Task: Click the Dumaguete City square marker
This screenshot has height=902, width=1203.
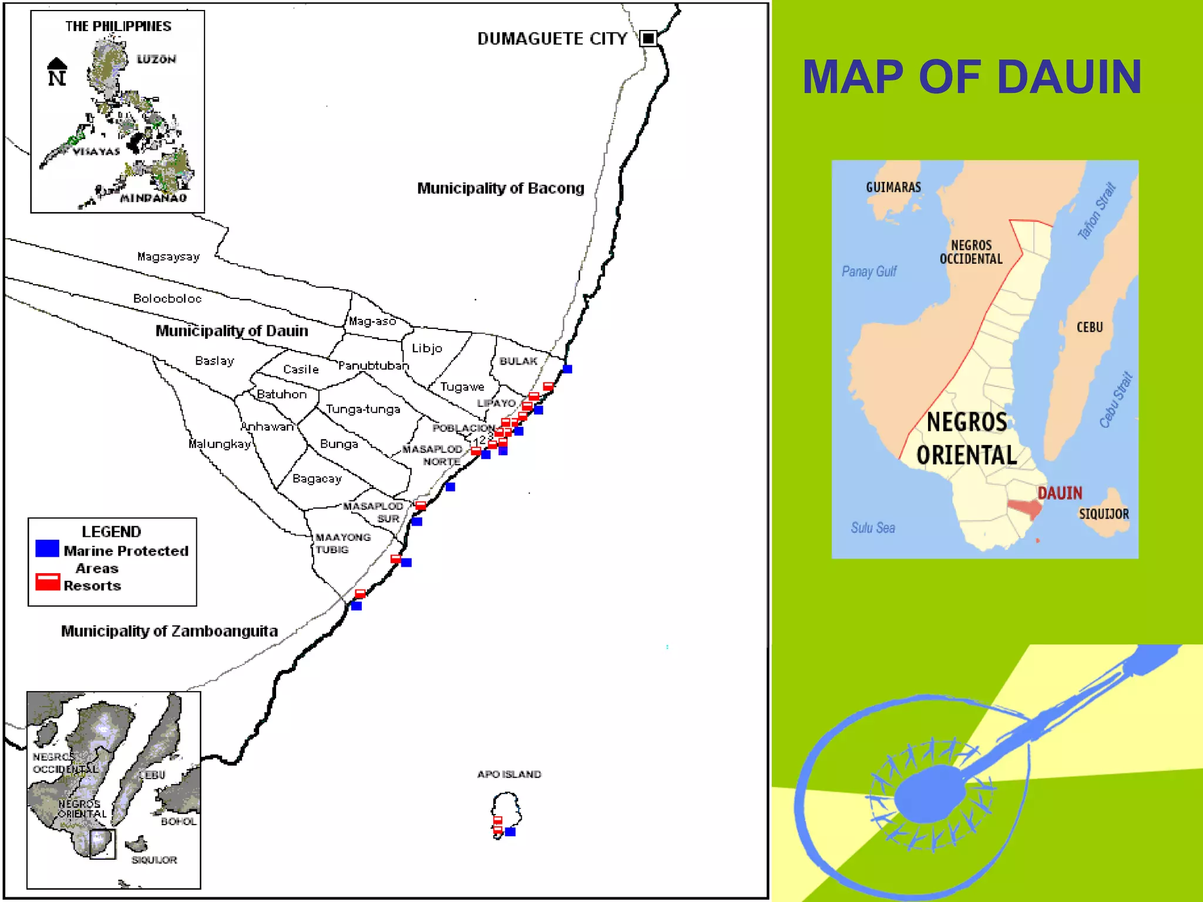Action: (648, 38)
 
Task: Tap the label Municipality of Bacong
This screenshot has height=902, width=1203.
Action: (500, 189)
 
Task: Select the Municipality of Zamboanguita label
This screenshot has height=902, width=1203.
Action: (169, 631)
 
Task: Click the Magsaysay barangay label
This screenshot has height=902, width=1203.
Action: (169, 257)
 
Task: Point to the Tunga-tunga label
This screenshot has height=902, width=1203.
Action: (363, 409)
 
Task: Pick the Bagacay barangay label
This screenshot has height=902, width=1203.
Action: (317, 479)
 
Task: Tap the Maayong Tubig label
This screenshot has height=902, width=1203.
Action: (342, 543)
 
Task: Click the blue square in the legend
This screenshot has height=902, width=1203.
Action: (47, 548)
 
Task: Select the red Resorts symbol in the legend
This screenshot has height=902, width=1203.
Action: (48, 581)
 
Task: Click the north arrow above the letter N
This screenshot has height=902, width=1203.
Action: (57, 63)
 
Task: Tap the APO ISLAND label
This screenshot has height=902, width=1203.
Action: (509, 775)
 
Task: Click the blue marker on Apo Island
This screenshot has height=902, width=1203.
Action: (510, 832)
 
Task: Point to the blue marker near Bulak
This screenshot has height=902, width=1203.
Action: (567, 369)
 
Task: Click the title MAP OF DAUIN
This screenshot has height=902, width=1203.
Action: (972, 77)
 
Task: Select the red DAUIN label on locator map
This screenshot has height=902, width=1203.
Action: (1060, 493)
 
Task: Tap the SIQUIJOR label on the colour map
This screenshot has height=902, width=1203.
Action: (1104, 514)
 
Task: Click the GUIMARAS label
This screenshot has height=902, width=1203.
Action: (893, 187)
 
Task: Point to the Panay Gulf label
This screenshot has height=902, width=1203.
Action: (869, 271)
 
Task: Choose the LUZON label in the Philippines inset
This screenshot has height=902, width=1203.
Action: (156, 59)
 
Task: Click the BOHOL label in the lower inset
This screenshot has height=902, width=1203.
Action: (179, 822)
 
